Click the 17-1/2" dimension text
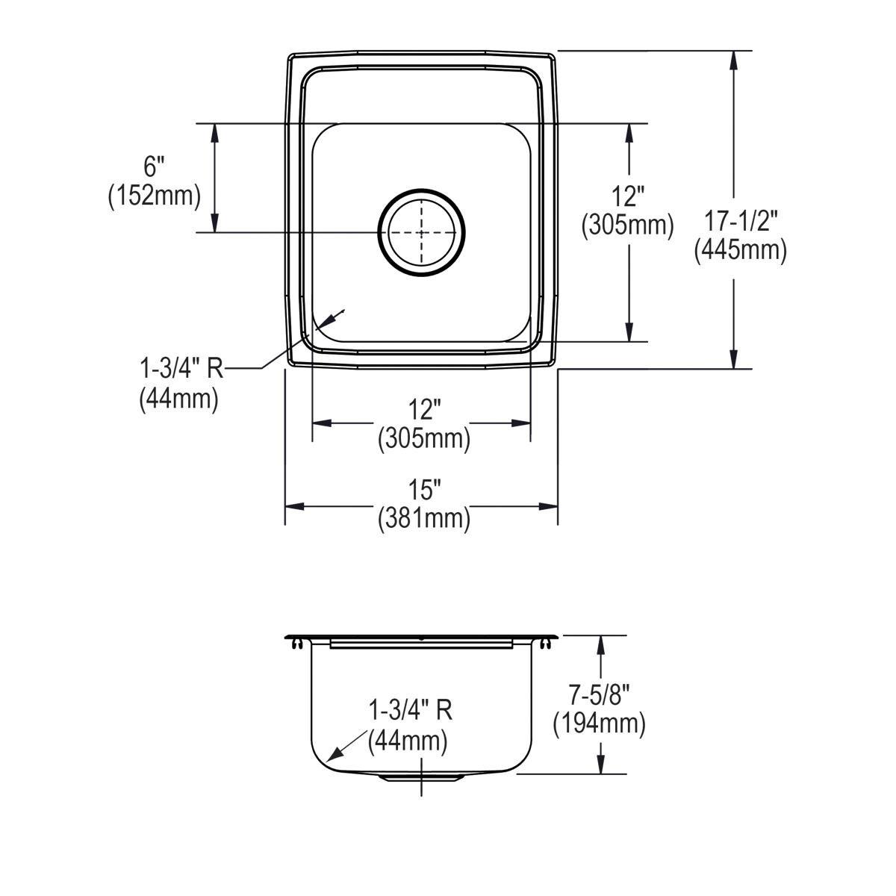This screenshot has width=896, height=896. tap(741, 221)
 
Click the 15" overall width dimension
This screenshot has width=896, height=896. tap(423, 490)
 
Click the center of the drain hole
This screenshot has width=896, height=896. tap(421, 232)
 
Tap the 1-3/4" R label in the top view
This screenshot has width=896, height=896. tap(181, 369)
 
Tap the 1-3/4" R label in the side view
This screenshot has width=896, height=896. tap(411, 710)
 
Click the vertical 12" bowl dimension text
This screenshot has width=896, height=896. tap(628, 196)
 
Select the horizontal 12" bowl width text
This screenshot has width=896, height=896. tap(423, 410)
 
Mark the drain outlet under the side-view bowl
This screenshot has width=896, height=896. tap(422, 778)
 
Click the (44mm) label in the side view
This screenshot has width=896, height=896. tap(408, 741)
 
